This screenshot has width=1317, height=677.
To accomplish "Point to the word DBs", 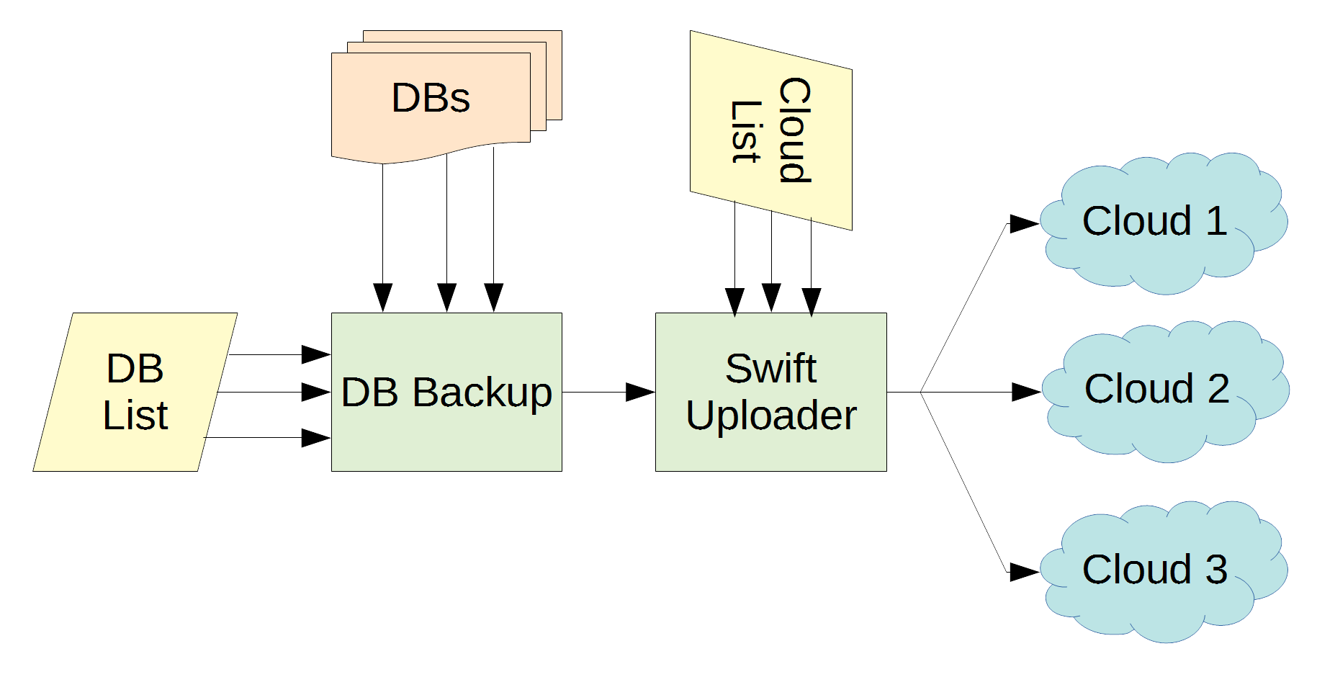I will click(x=431, y=98).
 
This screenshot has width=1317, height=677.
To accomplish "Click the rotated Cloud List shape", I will click(x=771, y=130).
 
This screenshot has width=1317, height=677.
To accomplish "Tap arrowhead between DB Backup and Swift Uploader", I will click(x=640, y=392).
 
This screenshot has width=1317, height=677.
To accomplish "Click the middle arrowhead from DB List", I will click(x=315, y=392).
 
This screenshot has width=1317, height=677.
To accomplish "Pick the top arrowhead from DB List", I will click(x=315, y=354).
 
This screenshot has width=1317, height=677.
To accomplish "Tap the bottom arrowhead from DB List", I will click(x=315, y=437).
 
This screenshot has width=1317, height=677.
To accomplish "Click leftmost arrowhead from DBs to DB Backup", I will click(x=382, y=297).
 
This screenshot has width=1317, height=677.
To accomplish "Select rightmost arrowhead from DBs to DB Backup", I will click(x=493, y=297).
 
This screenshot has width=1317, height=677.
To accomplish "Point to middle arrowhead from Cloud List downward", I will click(x=771, y=297).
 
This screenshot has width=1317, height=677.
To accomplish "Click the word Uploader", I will click(x=771, y=416).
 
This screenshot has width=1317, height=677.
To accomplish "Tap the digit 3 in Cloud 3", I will click(x=1216, y=570).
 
